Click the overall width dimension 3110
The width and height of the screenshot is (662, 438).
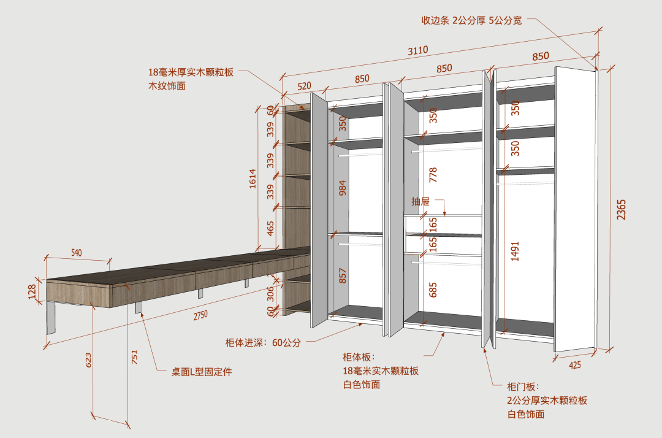pyautogui.click(x=418, y=51)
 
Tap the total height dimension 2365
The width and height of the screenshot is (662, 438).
pyautogui.click(x=621, y=210)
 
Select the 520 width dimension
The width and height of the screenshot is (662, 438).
pyautogui.click(x=304, y=86)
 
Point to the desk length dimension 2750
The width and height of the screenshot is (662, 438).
pyautogui.click(x=200, y=315)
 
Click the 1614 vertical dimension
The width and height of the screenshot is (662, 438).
pyautogui.click(x=253, y=179)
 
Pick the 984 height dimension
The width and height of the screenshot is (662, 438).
pyautogui.click(x=343, y=188)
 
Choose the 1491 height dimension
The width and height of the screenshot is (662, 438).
pyautogui.click(x=515, y=252)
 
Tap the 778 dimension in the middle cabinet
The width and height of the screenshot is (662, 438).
pyautogui.click(x=433, y=175)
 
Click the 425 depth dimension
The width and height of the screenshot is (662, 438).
pyautogui.click(x=574, y=365)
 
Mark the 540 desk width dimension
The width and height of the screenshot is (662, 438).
pyautogui.click(x=77, y=253)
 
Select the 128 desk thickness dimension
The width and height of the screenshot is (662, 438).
pyautogui.click(x=32, y=291)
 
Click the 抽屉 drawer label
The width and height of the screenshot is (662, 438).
pyautogui.click(x=420, y=201)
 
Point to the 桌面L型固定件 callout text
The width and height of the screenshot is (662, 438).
pyautogui.click(x=202, y=372)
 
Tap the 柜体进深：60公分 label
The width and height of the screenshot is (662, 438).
pyautogui.click(x=263, y=342)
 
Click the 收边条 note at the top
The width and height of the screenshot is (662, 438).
pyautogui.click(x=471, y=20)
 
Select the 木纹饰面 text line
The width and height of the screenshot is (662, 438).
pyautogui.click(x=167, y=86)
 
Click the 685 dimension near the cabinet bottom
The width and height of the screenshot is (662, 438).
pyautogui.click(x=433, y=290)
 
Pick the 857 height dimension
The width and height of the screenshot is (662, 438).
pyautogui.click(x=343, y=275)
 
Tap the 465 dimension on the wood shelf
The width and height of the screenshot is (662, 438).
pyautogui.click(x=270, y=228)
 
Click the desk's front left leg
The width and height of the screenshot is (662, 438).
pyautogui.click(x=51, y=318)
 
